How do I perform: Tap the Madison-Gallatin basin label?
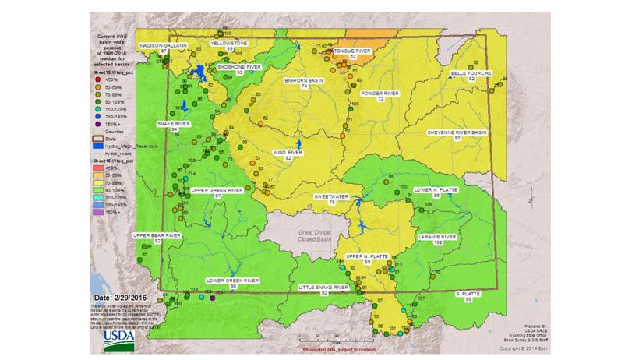(164, 46)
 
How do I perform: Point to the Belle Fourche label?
(471, 75)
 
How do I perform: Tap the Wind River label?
(288, 154)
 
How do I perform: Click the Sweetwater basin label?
(331, 198)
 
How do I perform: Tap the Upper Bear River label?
(157, 236)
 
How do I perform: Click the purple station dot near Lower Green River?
(212, 298)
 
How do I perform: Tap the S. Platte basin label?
(468, 295)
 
